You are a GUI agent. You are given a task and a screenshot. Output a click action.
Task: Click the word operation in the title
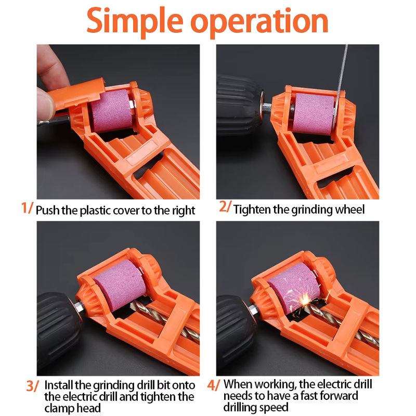tap(259, 22)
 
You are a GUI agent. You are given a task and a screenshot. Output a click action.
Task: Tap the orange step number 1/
tap(27, 208)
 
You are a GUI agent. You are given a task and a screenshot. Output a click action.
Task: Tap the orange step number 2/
tap(225, 206)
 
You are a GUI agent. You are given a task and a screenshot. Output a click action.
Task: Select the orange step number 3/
tap(32, 386)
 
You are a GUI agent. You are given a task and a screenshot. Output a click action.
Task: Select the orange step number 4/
tap(214, 385)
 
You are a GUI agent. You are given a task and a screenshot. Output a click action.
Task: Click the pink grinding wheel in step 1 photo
tap(111, 111)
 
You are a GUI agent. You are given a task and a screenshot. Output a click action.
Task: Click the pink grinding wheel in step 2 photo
tap(313, 114)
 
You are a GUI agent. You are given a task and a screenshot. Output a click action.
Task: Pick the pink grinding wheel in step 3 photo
tap(120, 285)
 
